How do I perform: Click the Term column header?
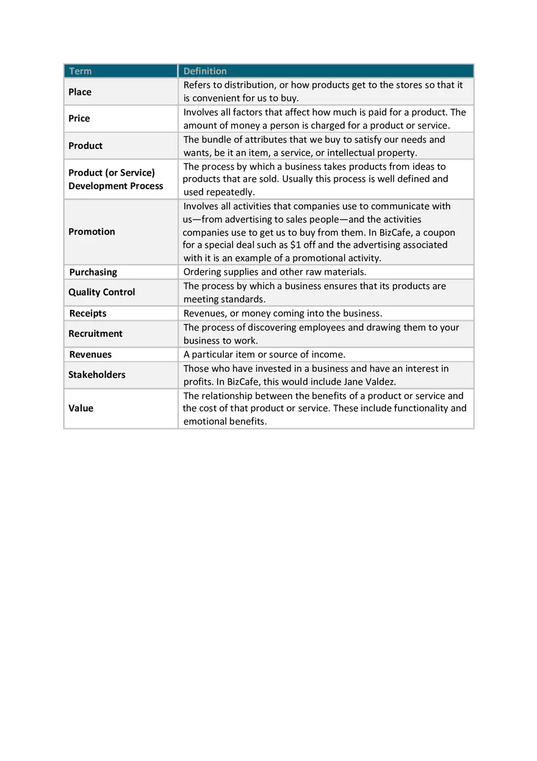pyautogui.click(x=81, y=71)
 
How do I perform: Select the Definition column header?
pyautogui.click(x=205, y=71)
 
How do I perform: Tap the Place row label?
pyautogui.click(x=80, y=92)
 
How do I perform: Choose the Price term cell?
pyautogui.click(x=79, y=118)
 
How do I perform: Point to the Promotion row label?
pyautogui.click(x=92, y=232)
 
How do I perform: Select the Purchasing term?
pyautogui.click(x=93, y=272)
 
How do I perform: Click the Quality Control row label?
pyautogui.click(x=102, y=292)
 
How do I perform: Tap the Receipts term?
pyautogui.click(x=88, y=314)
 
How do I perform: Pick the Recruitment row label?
pyautogui.click(x=95, y=334)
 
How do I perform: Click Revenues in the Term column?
pyautogui.click(x=90, y=355)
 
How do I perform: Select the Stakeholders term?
pyautogui.click(x=97, y=375)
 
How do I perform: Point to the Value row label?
pyautogui.click(x=81, y=408)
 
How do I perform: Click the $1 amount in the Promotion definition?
pyautogui.click(x=295, y=245)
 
